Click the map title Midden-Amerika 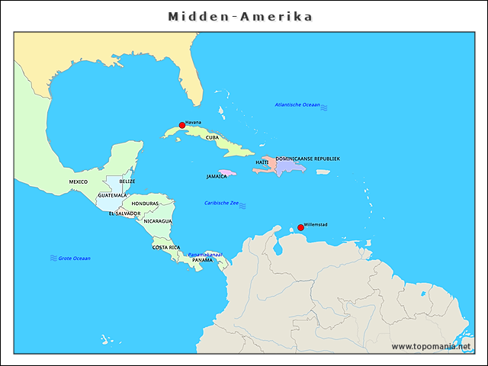[x=241, y=16]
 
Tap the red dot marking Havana [x=182, y=125]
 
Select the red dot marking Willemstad [x=300, y=227]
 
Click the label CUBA [x=212, y=138]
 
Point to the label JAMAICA [x=217, y=176]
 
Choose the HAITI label [x=262, y=162]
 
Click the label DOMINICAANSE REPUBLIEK [x=307, y=159]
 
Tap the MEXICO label [x=78, y=182]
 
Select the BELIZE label [x=127, y=181]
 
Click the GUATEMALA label [x=113, y=195]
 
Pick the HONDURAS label [x=145, y=204]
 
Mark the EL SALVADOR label [x=124, y=213]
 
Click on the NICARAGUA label [x=158, y=221]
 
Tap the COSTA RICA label [x=166, y=247]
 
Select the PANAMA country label [x=202, y=260]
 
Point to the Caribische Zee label [x=221, y=203]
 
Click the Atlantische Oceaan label [x=297, y=104]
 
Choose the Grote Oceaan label [x=75, y=258]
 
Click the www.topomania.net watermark [x=431, y=346]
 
